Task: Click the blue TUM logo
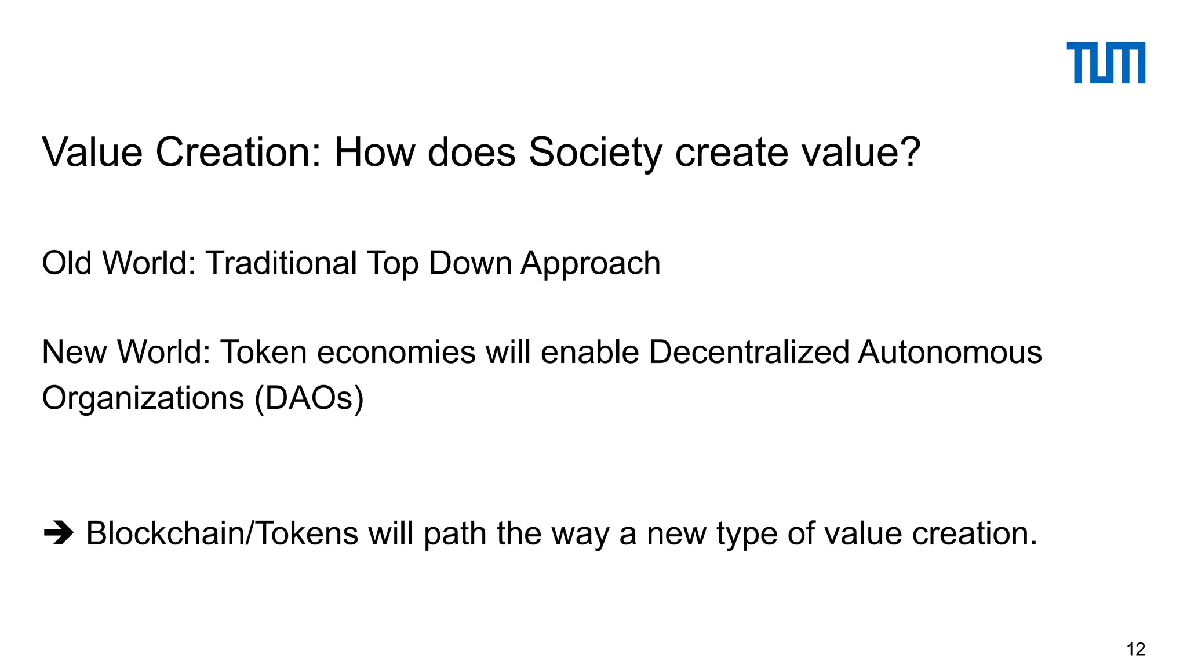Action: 1105,63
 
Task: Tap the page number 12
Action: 1135,649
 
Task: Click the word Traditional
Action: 281,263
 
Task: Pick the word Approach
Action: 591,264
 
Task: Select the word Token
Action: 264,353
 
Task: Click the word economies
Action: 396,353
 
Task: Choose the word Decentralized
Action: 749,353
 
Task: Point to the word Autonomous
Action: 950,353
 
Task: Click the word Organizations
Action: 143,399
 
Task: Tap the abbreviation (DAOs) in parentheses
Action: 310,399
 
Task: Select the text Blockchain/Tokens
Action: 222,533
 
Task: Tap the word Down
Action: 471,263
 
